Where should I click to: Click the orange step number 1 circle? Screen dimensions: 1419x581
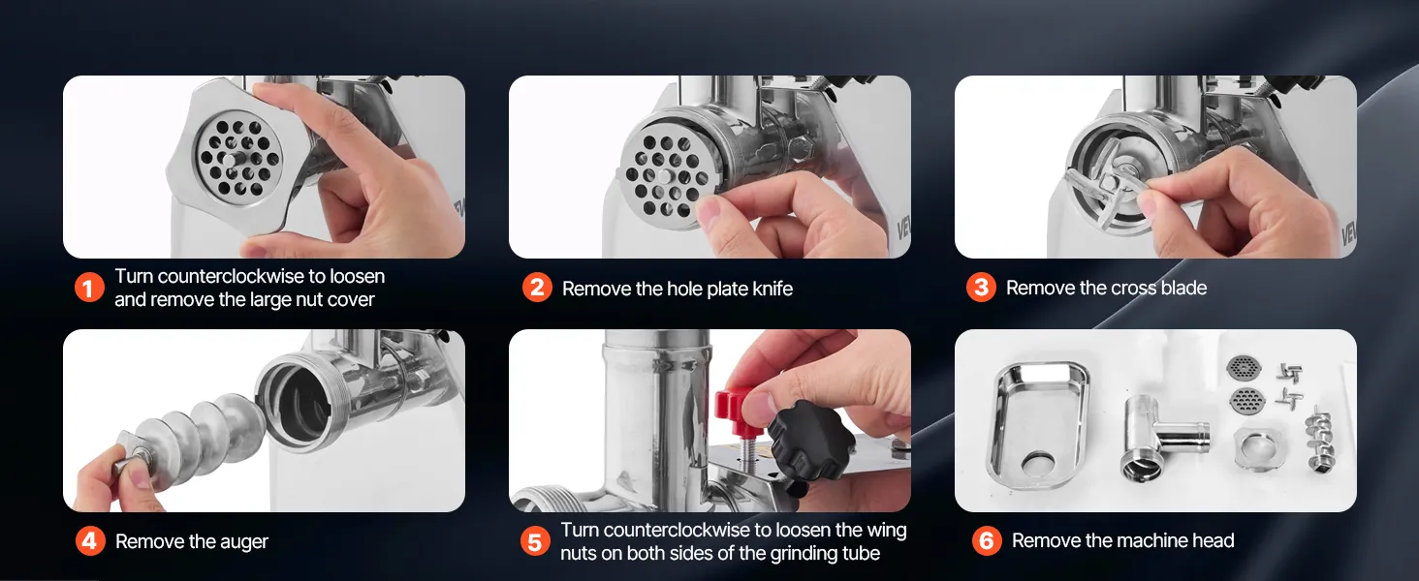point(89,288)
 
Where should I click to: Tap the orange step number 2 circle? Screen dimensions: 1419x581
point(537,288)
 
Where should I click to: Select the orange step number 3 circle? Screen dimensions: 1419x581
point(981,288)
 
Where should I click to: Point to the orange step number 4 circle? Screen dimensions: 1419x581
point(90,541)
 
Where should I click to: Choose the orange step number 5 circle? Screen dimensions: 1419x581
point(535,541)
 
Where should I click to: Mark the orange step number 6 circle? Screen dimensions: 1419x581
point(987,540)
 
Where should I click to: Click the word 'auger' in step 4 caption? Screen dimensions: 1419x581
point(244,542)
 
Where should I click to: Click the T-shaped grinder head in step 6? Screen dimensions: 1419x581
point(1159,438)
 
